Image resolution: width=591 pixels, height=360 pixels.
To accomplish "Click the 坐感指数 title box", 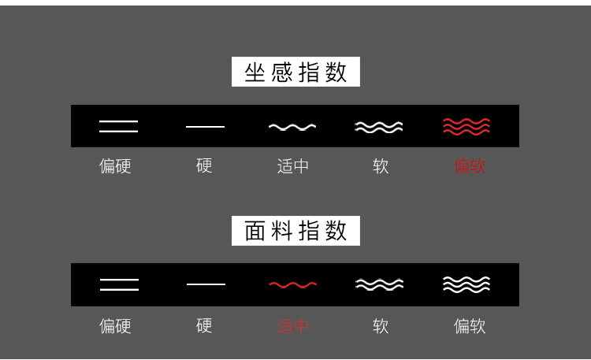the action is pyautogui.click(x=295, y=72).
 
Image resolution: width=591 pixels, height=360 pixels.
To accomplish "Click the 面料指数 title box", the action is pyautogui.click(x=295, y=231).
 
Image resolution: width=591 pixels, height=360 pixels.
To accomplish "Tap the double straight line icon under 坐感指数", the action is pyautogui.click(x=118, y=126).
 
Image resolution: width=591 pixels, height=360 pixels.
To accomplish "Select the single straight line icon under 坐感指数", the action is pyautogui.click(x=205, y=127).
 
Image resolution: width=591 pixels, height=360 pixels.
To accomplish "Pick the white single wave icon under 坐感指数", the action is pyautogui.click(x=292, y=127).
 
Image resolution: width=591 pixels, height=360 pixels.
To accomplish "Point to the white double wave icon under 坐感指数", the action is pyautogui.click(x=378, y=127).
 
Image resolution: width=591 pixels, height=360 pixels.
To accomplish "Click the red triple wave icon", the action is pyautogui.click(x=466, y=126).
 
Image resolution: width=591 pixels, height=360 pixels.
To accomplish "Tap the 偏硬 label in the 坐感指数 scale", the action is pyautogui.click(x=115, y=166).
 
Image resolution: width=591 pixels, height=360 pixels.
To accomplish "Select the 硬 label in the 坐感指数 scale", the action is pyautogui.click(x=204, y=165).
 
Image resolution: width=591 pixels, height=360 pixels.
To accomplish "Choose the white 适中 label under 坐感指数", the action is pyautogui.click(x=293, y=166).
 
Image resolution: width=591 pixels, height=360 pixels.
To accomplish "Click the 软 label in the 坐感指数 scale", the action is pyautogui.click(x=381, y=166).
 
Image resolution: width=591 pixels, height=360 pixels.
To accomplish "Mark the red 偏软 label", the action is pyautogui.click(x=470, y=166).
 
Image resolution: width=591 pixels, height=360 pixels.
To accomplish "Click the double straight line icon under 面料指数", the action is pyautogui.click(x=119, y=284).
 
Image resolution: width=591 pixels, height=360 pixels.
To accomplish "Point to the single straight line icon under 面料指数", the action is pyautogui.click(x=206, y=284).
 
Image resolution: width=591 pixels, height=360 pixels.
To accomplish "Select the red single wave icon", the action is pyautogui.click(x=292, y=284).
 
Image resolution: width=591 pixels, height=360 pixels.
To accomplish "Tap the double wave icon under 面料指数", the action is pyautogui.click(x=379, y=284).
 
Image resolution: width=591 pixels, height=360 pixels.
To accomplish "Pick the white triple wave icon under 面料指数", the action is pyautogui.click(x=466, y=284).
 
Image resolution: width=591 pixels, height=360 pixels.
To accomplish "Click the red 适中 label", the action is pyautogui.click(x=293, y=325).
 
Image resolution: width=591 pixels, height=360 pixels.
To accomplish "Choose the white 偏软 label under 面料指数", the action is pyautogui.click(x=470, y=325).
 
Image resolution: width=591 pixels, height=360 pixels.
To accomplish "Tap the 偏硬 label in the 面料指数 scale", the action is pyautogui.click(x=115, y=325).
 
